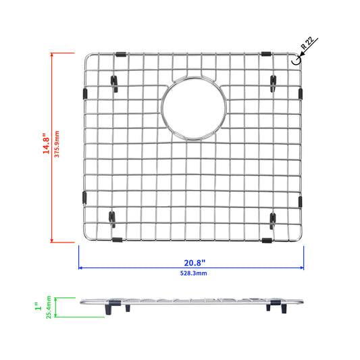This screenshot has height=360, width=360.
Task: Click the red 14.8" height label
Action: [46, 143]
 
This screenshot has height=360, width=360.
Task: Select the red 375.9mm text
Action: [57, 144]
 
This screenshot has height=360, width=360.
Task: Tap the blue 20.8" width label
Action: [195, 263]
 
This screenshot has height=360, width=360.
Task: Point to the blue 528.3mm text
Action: [193, 274]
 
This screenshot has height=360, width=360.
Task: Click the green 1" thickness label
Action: [38, 306]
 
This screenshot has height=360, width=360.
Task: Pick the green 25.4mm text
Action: [49, 307]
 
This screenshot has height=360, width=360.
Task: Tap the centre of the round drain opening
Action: [194, 108]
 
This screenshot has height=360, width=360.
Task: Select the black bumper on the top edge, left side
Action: [121, 55]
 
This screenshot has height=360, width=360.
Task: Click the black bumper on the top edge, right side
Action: [266, 54]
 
